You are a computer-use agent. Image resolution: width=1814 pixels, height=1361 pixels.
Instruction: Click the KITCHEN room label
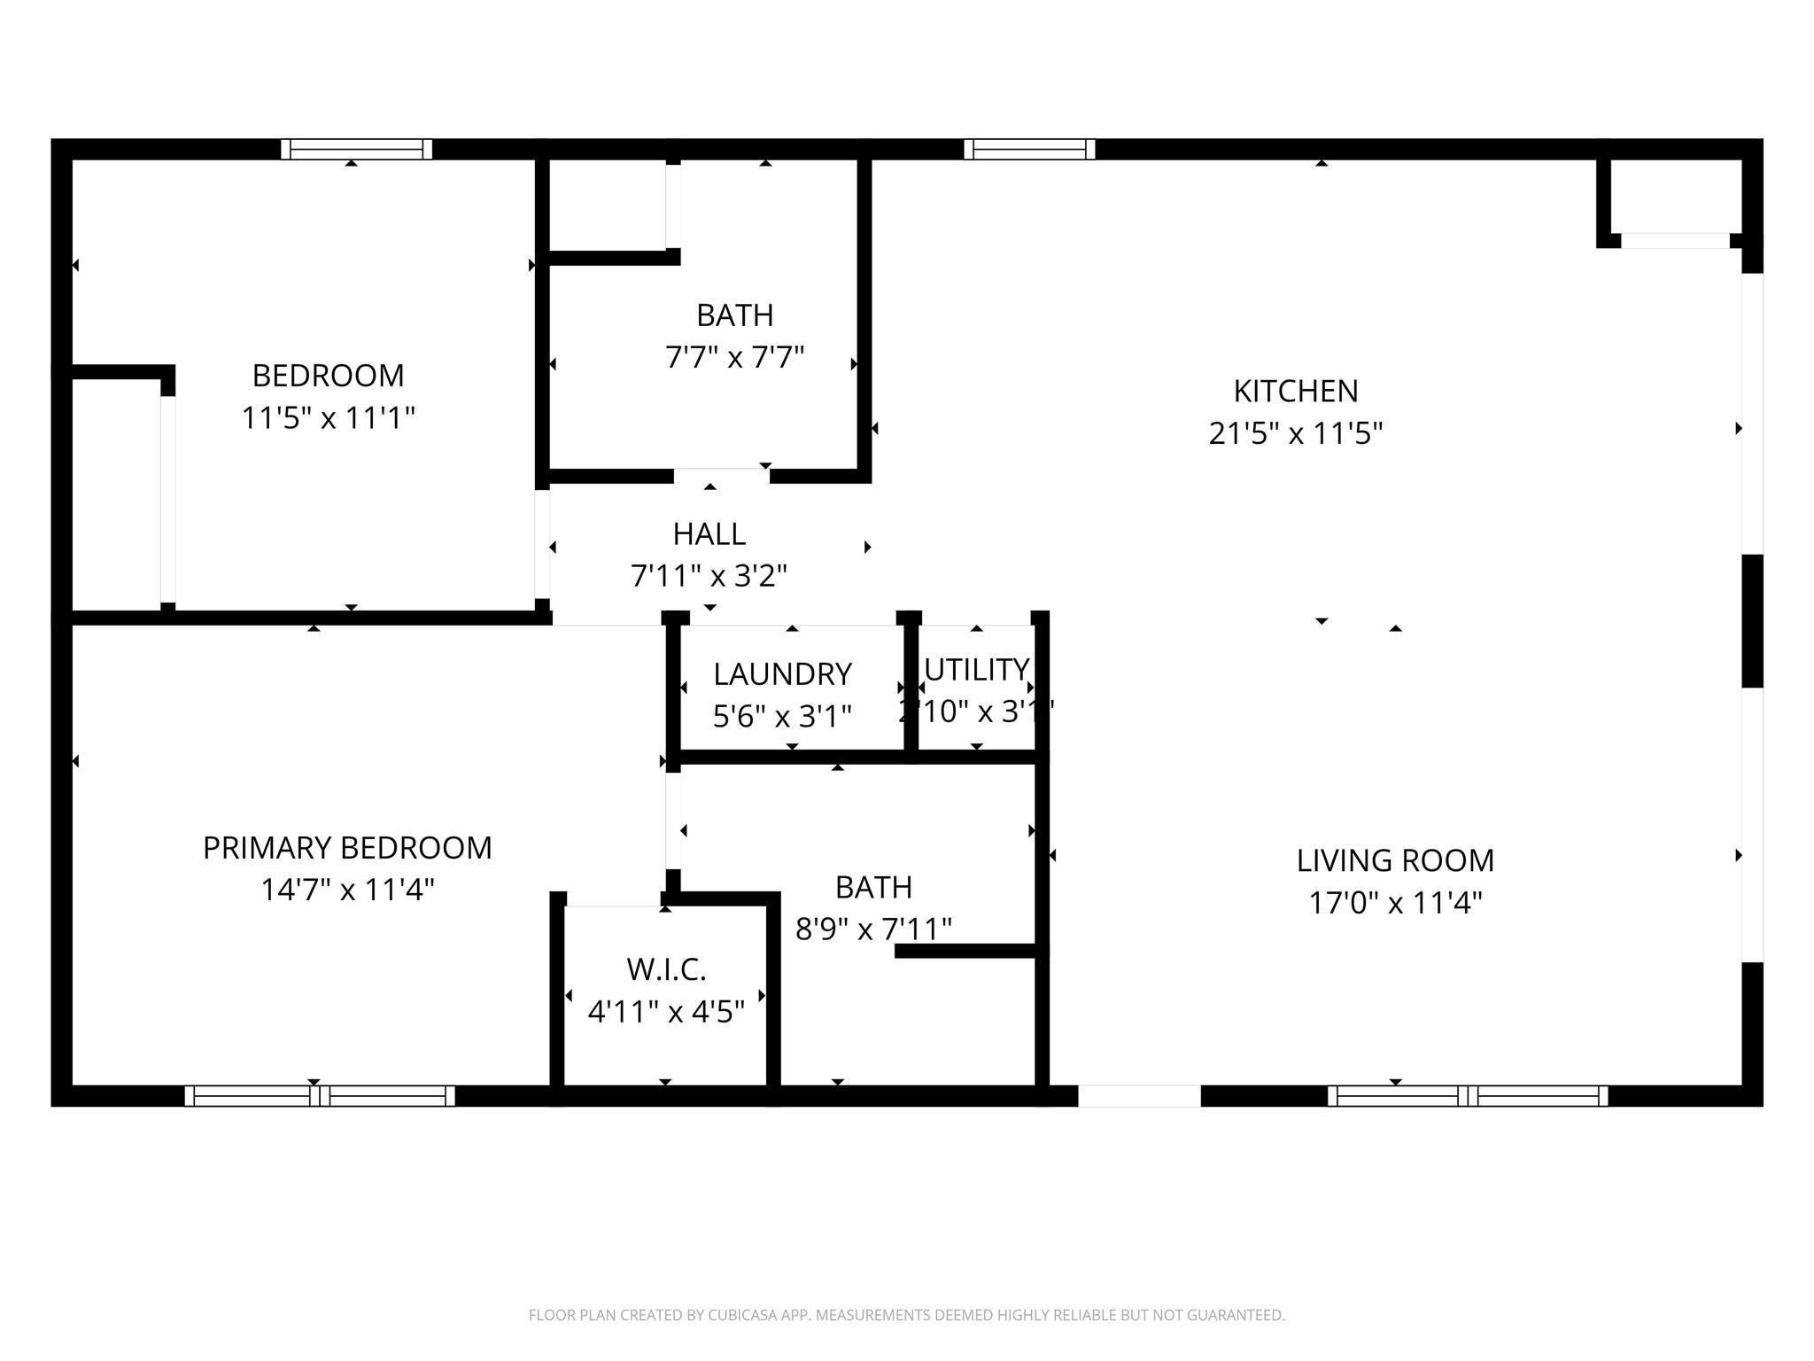coord(1295,391)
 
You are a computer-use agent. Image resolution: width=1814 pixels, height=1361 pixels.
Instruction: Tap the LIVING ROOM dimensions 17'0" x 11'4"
coord(1395,903)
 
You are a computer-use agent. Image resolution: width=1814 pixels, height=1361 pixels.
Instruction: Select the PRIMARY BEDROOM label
coord(347,848)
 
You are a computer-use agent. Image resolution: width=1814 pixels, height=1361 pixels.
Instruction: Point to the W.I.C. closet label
coord(666,969)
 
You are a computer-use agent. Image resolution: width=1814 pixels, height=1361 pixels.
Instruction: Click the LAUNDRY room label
coord(782,674)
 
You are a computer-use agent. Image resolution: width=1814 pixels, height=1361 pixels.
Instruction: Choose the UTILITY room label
coord(976,669)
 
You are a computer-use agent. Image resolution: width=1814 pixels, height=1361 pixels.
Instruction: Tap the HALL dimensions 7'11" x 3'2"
coord(709,576)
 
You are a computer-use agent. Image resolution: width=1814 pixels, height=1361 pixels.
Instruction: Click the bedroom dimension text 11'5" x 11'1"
coord(328,417)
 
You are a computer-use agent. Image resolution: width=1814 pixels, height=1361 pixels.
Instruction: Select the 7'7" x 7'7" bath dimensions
coord(734,358)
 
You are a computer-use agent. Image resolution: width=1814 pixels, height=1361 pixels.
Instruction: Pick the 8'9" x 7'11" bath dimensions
coord(873,929)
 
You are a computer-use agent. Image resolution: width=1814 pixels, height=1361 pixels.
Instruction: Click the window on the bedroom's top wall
coord(356,149)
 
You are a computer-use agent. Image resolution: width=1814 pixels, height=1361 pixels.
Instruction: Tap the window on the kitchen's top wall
coord(1029,149)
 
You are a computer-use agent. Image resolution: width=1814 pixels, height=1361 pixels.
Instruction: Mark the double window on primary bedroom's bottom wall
coord(320,1096)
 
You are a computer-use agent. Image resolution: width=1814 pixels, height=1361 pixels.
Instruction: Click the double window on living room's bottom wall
coord(1467,1096)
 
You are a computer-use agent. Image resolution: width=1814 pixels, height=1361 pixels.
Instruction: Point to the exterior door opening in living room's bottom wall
coord(1139,1096)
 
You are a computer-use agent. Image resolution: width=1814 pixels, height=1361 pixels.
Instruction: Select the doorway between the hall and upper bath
coord(721,476)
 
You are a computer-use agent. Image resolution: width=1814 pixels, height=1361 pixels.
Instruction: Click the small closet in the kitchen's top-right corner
coord(1675,197)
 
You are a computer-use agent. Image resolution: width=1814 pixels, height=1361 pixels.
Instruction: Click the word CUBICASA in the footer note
coord(742,1316)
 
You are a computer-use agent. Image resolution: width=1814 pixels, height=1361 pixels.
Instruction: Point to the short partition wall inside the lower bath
coord(965,951)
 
